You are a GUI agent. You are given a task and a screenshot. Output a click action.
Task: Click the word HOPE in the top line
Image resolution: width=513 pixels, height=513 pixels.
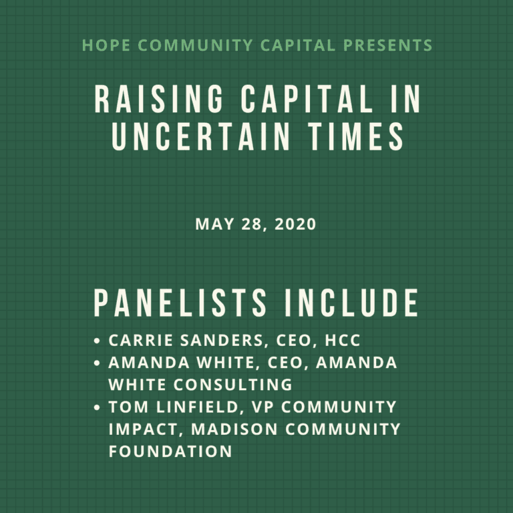coord(102,46)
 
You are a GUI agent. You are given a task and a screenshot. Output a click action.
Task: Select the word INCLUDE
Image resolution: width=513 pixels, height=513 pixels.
coord(352,303)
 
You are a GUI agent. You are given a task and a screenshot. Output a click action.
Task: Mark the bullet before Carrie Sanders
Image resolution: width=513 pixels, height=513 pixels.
coord(98,341)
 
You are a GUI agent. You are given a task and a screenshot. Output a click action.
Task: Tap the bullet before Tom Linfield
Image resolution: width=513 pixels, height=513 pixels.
coord(98,407)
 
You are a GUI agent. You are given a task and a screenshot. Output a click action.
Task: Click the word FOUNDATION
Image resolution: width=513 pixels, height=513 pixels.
coord(170,451)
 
